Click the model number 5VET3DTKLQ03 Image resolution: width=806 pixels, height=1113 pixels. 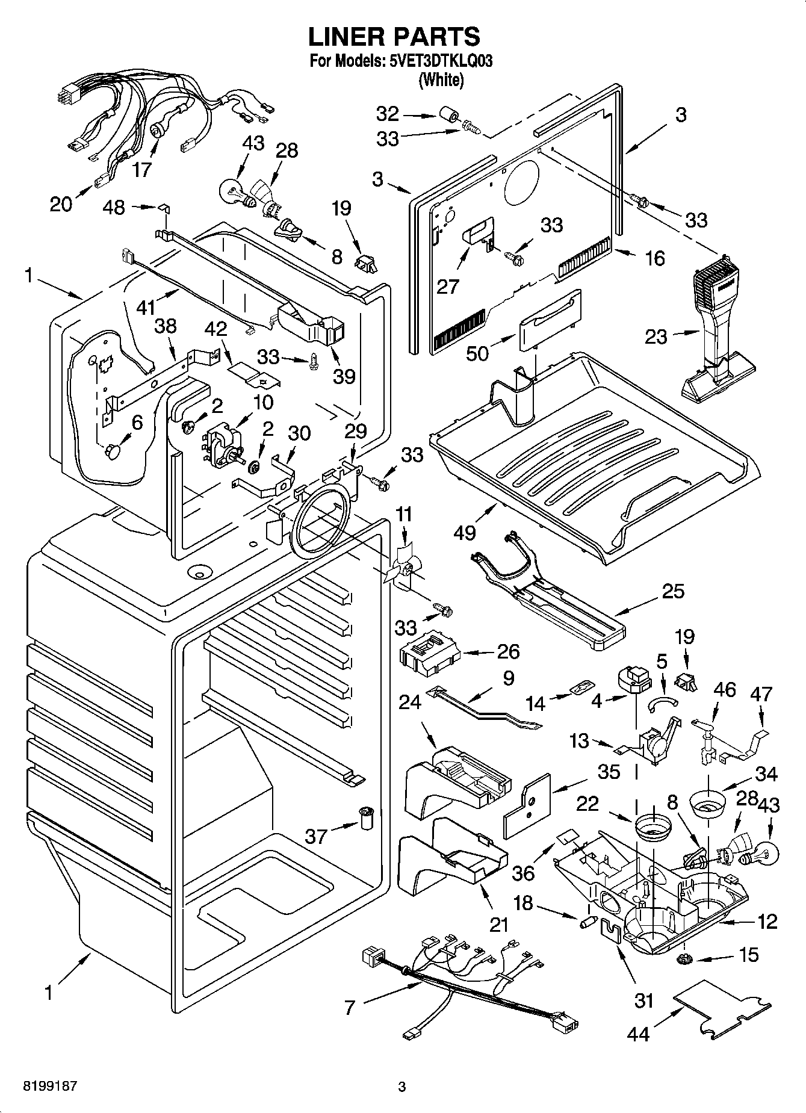437,61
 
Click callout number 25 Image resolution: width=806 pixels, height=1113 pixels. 672,591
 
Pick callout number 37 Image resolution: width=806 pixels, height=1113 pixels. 315,836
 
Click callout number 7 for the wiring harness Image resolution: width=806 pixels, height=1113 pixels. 350,1007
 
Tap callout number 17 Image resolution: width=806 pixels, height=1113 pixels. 142,170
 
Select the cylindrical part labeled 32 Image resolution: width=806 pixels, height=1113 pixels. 447,115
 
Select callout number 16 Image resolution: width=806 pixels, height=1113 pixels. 654,258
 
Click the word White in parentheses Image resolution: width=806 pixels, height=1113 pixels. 441,80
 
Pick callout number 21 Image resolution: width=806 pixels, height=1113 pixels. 499,923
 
